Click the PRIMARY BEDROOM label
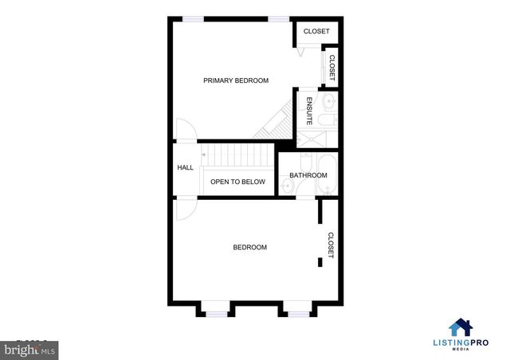(x=235, y=80)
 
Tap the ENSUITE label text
(x=309, y=111)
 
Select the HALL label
(x=185, y=167)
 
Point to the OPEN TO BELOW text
(x=237, y=182)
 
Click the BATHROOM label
(x=308, y=175)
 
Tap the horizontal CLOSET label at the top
(x=316, y=32)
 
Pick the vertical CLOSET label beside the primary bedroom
(x=331, y=67)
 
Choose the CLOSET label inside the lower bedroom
(x=330, y=245)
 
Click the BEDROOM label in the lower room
(x=249, y=248)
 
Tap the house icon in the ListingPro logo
(x=461, y=328)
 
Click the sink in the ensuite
(x=329, y=101)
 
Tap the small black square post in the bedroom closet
(x=320, y=260)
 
